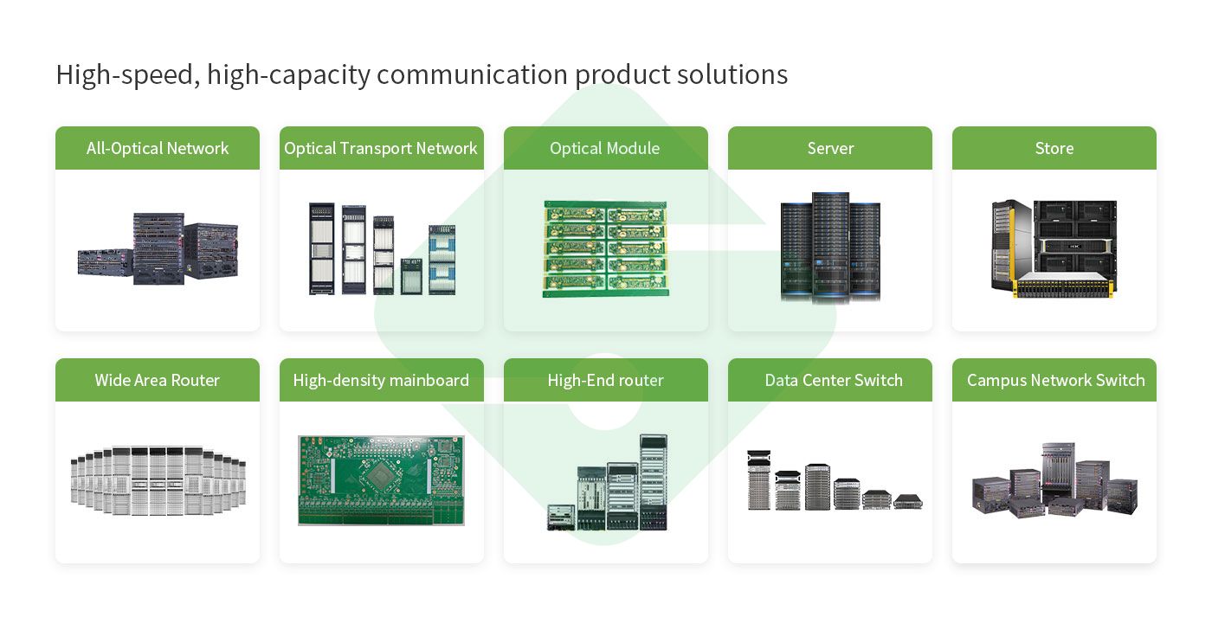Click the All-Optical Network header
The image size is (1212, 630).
click(x=158, y=148)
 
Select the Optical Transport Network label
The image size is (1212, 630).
click(x=381, y=148)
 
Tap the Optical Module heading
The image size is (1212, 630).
click(x=605, y=148)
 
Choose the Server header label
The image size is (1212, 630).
click(x=830, y=148)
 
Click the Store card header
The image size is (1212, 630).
click(x=1054, y=148)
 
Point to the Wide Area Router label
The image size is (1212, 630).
click(x=158, y=380)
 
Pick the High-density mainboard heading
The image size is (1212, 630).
click(x=381, y=380)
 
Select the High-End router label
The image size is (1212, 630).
click(x=605, y=380)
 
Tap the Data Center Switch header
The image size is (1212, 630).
click(x=834, y=380)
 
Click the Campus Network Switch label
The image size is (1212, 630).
click(x=1055, y=380)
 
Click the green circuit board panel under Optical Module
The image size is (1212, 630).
click(x=605, y=249)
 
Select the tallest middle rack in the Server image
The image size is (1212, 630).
click(x=830, y=247)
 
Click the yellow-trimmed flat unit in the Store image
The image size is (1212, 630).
click(x=1062, y=286)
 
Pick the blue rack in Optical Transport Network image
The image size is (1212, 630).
click(x=442, y=259)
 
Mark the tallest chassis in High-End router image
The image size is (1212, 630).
click(x=654, y=481)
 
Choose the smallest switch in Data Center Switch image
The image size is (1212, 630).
click(x=908, y=501)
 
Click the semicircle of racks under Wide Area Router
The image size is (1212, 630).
click(x=158, y=481)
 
